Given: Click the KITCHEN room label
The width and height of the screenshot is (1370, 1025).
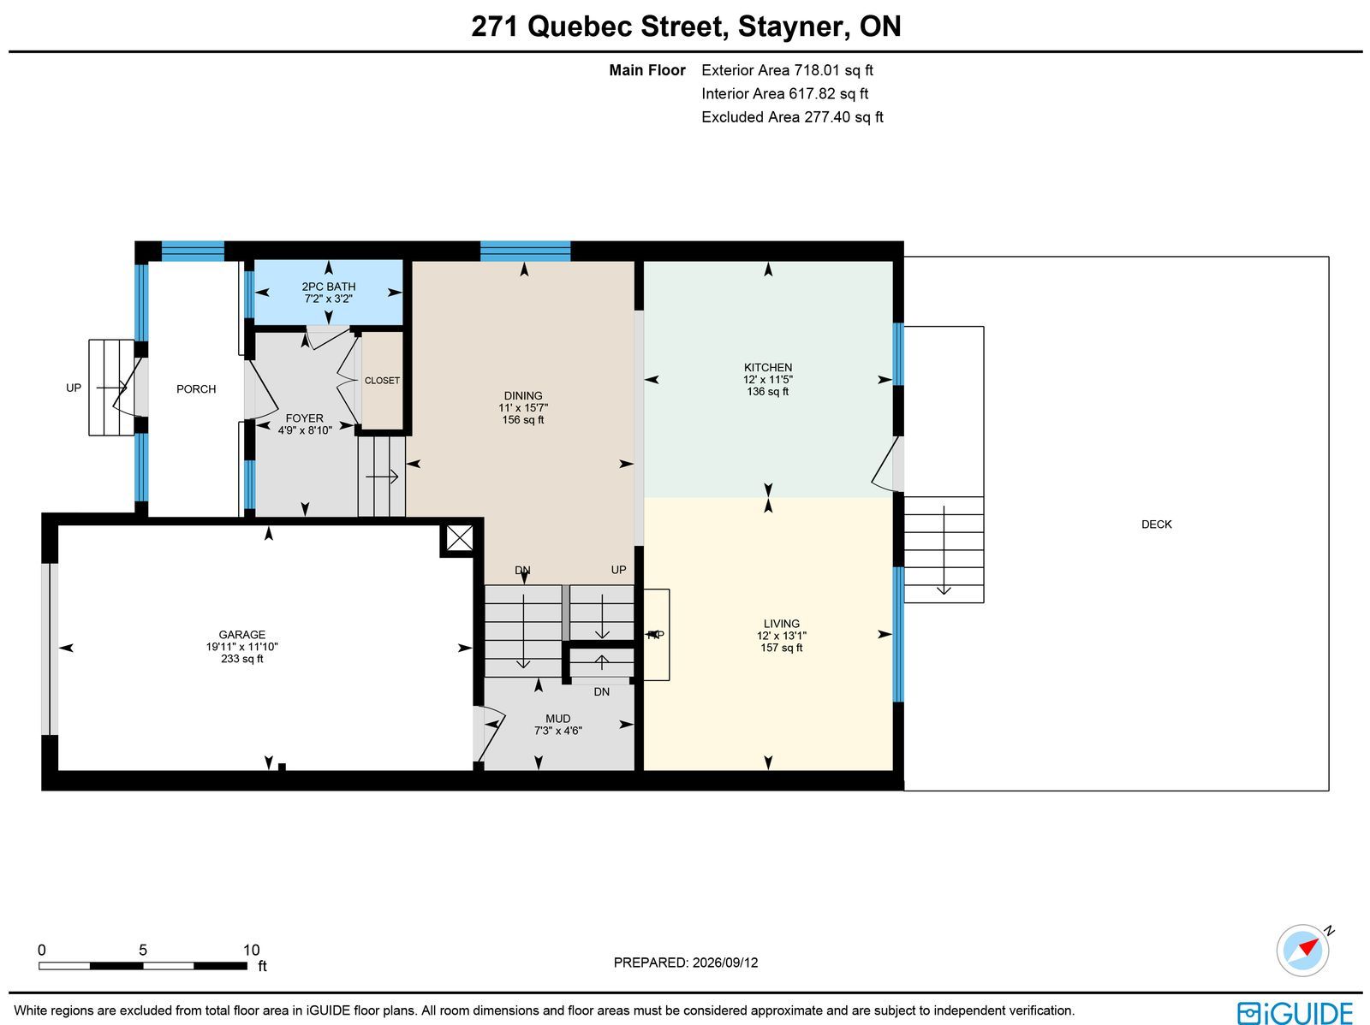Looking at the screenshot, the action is (x=768, y=367).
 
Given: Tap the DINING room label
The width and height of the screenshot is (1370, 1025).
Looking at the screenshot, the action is (x=523, y=396).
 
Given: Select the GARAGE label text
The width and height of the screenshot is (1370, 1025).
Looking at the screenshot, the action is (x=241, y=635).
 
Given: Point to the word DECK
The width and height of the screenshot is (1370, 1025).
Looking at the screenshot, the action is (x=1157, y=524).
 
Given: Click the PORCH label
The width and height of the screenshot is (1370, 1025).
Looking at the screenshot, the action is (x=196, y=389).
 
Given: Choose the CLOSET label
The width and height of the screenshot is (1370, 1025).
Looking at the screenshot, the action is (x=382, y=381).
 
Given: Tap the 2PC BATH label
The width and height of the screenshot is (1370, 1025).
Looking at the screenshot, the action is (x=328, y=287).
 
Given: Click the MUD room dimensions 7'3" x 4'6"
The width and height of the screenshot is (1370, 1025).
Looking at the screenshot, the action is (x=558, y=731).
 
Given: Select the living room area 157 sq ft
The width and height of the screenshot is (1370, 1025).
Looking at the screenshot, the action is (x=782, y=648).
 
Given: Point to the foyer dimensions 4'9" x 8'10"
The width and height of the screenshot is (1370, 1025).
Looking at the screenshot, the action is (x=305, y=430).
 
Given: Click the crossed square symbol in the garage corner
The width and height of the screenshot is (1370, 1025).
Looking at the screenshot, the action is (x=460, y=538).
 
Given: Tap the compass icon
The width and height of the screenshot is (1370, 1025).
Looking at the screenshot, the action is (x=1302, y=951).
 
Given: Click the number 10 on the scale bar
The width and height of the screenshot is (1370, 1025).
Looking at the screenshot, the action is (x=251, y=951).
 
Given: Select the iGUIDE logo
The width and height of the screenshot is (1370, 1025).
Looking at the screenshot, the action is (x=1295, y=1012).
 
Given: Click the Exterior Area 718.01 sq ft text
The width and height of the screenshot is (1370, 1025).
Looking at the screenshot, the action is (x=787, y=70).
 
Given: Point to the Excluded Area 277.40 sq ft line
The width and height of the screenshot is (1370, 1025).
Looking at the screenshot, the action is (x=792, y=117).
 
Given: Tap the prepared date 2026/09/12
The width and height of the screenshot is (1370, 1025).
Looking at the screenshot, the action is (x=725, y=963).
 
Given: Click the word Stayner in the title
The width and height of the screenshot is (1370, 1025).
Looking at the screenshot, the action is (x=793, y=27).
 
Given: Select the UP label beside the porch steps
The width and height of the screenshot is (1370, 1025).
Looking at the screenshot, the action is (x=74, y=388).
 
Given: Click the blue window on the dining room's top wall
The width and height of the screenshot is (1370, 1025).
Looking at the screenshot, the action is (x=525, y=251).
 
